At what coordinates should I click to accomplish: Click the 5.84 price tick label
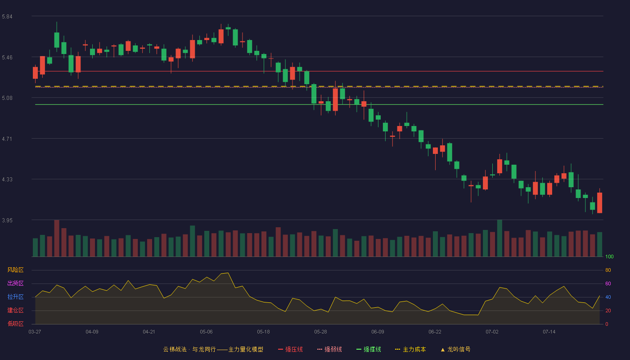tap(7, 17)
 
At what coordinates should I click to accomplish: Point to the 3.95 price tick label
tap(7, 220)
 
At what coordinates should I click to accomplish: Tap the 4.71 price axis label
tap(7, 139)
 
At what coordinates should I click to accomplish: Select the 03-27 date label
tap(35, 332)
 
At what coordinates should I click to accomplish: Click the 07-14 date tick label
tap(549, 332)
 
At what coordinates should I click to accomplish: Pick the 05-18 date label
tap(263, 332)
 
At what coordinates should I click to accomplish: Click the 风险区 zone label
tap(15, 270)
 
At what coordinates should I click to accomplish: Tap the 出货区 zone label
tap(15, 283)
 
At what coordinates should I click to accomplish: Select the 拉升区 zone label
tap(15, 297)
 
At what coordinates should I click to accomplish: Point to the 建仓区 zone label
tap(15, 310)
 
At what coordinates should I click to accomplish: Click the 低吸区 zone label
tap(15, 324)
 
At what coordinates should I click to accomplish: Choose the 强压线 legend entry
tap(290, 349)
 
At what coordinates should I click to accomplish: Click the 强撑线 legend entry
tap(369, 349)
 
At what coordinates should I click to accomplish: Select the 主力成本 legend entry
tap(410, 349)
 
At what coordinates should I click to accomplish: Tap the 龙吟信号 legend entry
tap(455, 349)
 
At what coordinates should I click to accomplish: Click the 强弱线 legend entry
tap(329, 349)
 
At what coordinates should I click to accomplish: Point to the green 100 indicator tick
tap(609, 256)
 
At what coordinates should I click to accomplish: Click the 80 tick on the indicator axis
tap(608, 270)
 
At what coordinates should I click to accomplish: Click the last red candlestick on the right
tap(599, 202)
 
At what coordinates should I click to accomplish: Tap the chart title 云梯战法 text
tap(175, 349)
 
